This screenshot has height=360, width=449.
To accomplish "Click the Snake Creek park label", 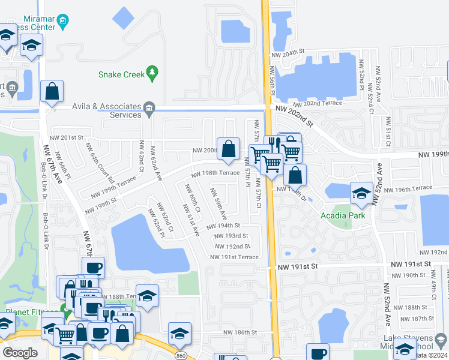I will pos(121,74).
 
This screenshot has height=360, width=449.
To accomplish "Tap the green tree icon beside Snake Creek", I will pos(152,73).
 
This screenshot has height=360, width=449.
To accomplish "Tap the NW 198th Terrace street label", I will pos(215,173).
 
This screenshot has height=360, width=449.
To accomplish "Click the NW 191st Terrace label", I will pos(234,257).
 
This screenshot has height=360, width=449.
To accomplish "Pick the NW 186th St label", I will pos(240,332).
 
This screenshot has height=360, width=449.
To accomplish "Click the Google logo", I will pos(20,353).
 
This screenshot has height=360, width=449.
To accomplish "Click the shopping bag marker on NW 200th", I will pos(229,149).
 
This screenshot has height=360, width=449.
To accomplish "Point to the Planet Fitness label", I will pos(29,312).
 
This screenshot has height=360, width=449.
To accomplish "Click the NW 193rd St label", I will pos(232,236).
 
